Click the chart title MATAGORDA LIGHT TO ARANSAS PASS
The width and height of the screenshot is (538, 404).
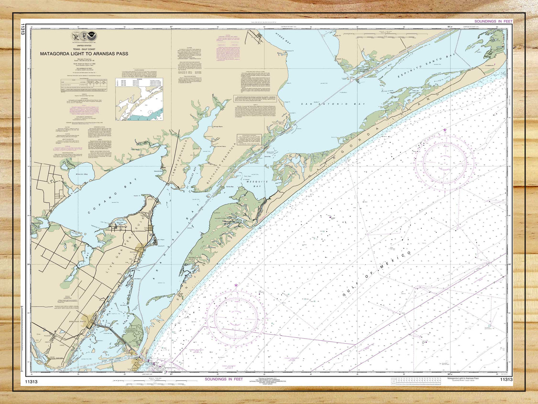click(x=84, y=54)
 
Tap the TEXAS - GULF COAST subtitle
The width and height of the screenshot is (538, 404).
click(x=84, y=49)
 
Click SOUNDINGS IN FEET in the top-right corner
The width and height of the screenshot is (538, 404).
click(x=493, y=22)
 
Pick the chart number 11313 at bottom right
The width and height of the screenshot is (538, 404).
click(x=506, y=380)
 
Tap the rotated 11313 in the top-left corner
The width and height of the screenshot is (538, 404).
click(x=23, y=29)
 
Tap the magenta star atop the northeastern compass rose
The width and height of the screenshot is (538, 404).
click(x=445, y=130)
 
